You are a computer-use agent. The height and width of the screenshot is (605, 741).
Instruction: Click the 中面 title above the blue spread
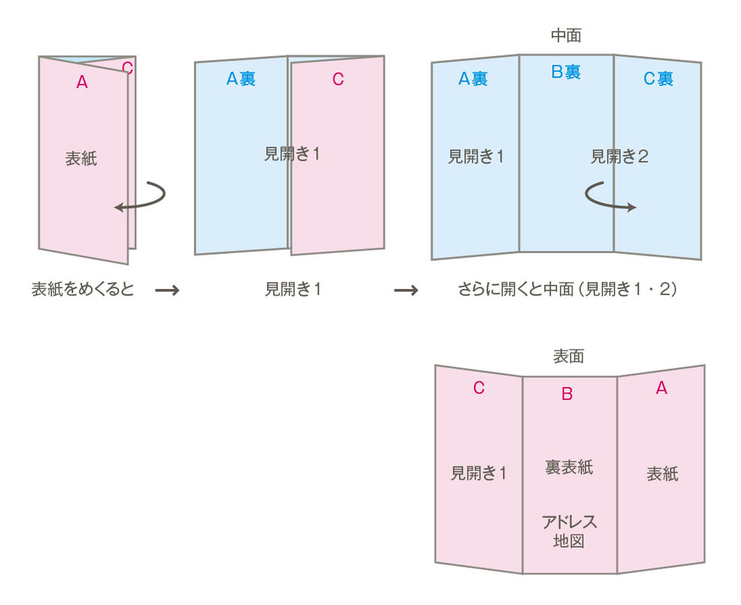coord(566,35)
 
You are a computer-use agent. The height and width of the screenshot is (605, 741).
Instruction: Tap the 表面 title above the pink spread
coord(568,356)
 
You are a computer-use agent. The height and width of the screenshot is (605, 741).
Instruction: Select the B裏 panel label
coord(566,72)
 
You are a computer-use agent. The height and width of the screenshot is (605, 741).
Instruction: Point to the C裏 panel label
coord(658,79)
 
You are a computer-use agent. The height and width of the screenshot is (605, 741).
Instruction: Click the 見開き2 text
coord(620,157)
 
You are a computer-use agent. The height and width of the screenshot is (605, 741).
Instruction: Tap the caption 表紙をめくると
coord(82,289)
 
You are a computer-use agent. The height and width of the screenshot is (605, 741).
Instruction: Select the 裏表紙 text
coord(569,467)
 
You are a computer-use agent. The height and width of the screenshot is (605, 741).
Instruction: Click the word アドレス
coord(569,522)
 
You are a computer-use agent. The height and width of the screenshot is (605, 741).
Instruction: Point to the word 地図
coord(569,541)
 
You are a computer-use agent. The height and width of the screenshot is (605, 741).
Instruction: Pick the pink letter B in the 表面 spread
coord(567,394)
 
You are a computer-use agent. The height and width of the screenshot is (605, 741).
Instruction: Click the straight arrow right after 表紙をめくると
coord(167,290)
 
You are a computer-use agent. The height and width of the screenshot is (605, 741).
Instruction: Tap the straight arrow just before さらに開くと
coord(406,290)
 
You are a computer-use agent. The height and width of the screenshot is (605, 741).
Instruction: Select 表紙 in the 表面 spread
coord(662,474)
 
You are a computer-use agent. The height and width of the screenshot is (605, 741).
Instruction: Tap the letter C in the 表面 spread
coord(479,388)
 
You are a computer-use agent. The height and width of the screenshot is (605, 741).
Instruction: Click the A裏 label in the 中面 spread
coord(473,79)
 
